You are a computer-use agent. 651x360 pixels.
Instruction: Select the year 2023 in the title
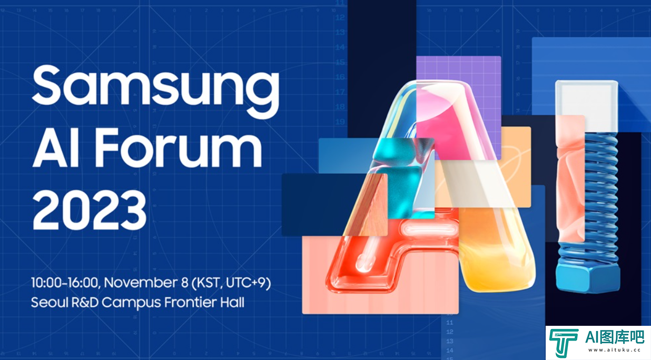(89, 210)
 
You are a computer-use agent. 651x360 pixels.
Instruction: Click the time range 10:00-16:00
(65, 283)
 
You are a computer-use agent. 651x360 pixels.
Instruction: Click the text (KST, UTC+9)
(231, 283)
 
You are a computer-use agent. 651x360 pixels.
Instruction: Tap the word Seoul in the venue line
(50, 303)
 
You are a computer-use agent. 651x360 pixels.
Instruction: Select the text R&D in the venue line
(85, 303)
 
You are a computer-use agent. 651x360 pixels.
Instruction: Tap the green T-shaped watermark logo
(563, 343)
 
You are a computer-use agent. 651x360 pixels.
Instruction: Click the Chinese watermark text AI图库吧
(614, 337)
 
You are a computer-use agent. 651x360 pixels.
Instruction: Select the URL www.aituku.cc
(614, 350)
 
